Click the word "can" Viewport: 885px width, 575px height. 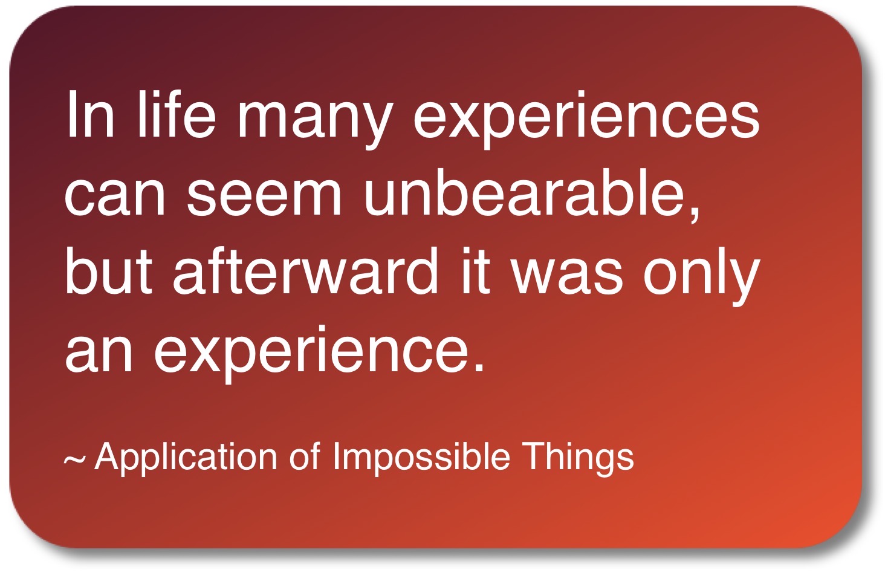click(x=115, y=198)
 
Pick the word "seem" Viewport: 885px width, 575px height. click(x=264, y=198)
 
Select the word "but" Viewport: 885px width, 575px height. click(x=109, y=270)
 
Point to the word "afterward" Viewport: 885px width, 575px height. click(x=306, y=270)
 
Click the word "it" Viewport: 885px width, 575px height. click(x=476, y=270)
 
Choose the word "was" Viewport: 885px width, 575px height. click(x=566, y=276)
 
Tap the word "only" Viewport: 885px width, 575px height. click(x=701, y=276)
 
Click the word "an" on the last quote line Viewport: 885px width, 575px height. click(x=99, y=354)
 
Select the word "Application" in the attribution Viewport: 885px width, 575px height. click(x=186, y=458)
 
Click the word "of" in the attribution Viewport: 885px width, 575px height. click(x=304, y=456)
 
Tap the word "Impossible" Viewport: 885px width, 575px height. click(x=421, y=458)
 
